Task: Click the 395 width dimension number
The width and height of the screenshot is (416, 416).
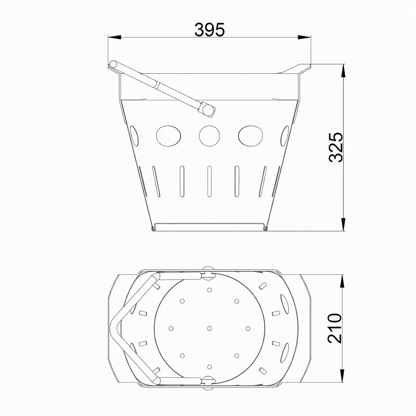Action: pyautogui.click(x=209, y=30)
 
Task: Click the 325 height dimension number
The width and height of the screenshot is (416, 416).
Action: pyautogui.click(x=336, y=147)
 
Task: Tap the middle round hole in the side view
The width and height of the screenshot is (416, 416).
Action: pyautogui.click(x=209, y=136)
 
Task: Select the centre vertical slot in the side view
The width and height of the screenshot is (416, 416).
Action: pyautogui.click(x=209, y=182)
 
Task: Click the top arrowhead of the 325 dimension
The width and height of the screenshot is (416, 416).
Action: pyautogui.click(x=344, y=71)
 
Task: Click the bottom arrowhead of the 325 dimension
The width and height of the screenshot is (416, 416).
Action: pyautogui.click(x=344, y=225)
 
